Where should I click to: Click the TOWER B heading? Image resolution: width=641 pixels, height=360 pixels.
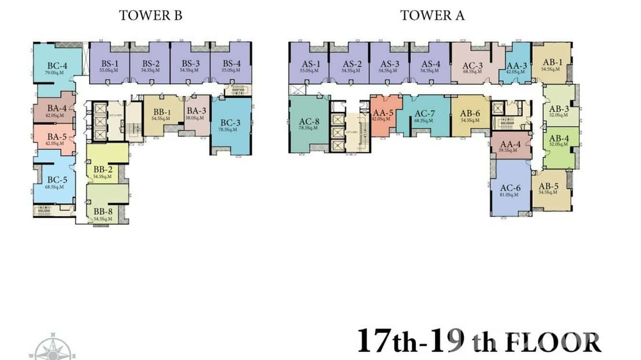pos(150,15)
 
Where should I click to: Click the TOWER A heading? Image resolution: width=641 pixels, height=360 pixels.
pos(432,15)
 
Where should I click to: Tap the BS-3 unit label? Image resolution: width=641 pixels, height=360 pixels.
pos(190,64)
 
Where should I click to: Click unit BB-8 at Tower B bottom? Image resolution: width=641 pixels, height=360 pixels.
pos(103,212)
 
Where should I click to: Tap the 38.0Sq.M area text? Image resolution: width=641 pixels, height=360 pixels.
pos(196,118)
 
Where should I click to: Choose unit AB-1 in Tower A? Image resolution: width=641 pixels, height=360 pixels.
pos(552,63)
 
